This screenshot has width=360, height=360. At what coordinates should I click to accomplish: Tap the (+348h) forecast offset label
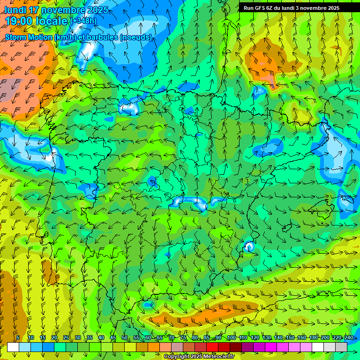[83, 21]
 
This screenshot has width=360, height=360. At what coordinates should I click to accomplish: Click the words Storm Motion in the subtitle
[29, 37]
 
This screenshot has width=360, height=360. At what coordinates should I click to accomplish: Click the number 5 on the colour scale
[18, 338]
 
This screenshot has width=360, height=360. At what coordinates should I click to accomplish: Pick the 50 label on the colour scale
[125, 338]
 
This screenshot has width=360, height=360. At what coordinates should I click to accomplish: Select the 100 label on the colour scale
[231, 338]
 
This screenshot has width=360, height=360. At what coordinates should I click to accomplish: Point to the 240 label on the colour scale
[349, 338]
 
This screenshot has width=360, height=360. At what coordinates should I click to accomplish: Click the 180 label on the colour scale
[313, 338]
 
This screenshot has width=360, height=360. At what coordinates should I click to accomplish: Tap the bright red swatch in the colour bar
[212, 347]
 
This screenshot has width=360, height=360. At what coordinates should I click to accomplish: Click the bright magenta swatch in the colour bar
[271, 347]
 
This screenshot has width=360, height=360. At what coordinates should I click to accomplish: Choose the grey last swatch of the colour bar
[341, 347]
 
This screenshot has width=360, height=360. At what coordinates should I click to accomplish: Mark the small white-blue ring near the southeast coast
[249, 246]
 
